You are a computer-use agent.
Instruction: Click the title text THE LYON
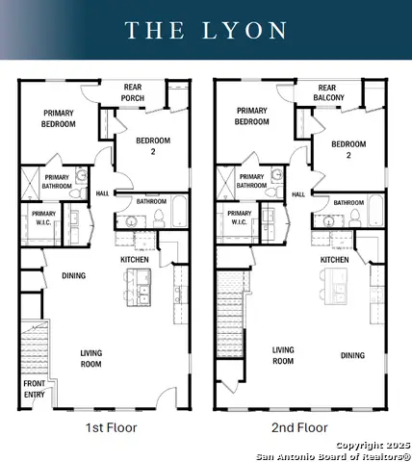click(x=206, y=30)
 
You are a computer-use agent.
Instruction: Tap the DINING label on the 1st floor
click(x=73, y=276)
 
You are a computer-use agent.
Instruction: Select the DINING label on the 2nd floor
click(x=352, y=355)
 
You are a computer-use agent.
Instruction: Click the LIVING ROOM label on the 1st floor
click(x=90, y=359)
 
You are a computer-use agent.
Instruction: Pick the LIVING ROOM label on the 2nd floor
click(x=282, y=355)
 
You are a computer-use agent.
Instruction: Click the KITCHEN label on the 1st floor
click(x=134, y=260)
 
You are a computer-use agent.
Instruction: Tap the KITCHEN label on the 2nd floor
click(x=334, y=260)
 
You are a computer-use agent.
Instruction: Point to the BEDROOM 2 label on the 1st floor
click(x=145, y=149)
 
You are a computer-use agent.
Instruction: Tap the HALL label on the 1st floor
click(x=102, y=193)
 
